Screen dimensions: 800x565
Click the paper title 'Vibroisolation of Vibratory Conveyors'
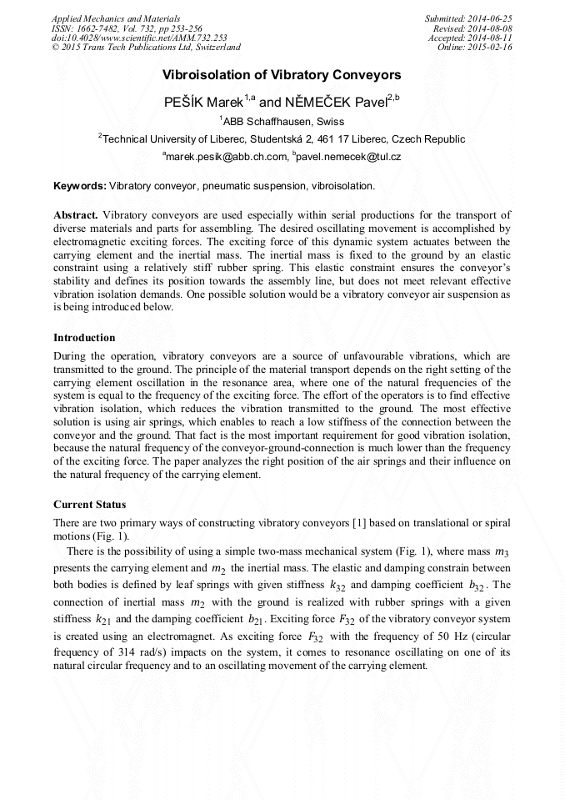tap(282, 74)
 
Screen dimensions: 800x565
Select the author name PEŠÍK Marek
tap(202, 103)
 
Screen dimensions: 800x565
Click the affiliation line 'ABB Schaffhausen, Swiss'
tap(282, 122)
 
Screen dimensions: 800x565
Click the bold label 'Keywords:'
tap(80, 184)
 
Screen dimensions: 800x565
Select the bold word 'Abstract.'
tap(76, 215)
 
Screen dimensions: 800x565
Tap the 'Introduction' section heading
tap(85, 338)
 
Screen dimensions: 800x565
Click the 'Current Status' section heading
tap(89, 505)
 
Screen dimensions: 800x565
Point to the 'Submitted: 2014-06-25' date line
tap(468, 18)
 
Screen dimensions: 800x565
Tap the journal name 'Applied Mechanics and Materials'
tap(116, 18)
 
